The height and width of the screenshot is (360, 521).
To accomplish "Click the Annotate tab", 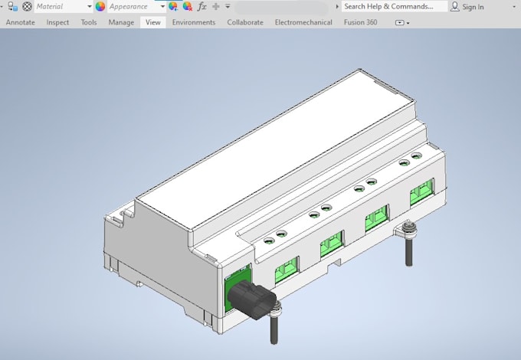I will tap(20, 22).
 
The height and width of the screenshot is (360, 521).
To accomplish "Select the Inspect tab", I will tap(57, 22).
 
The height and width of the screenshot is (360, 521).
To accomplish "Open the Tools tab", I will tap(89, 22).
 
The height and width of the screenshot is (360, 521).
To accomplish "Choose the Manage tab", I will tap(121, 22).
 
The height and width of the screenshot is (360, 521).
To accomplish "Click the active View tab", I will tap(153, 22).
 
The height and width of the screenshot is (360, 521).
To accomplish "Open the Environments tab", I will tap(193, 22).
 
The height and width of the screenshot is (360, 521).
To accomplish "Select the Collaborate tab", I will tap(245, 22).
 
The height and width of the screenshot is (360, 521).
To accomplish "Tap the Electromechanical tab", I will tap(303, 22).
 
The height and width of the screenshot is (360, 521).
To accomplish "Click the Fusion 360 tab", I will tap(361, 22).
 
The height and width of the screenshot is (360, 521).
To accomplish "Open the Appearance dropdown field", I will tap(133, 7).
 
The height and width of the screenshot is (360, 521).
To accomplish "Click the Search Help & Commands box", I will tap(394, 7).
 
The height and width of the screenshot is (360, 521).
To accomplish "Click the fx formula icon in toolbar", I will tap(202, 7).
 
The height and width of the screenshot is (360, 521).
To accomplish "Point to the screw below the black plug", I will tap(274, 326).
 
